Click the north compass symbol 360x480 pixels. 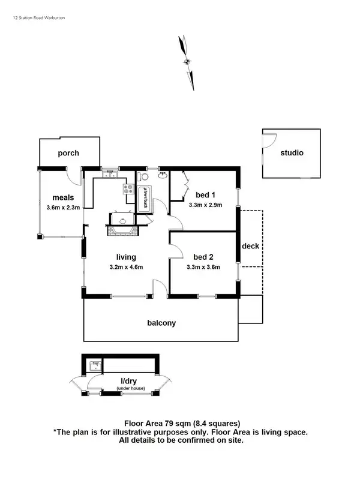point(188,61)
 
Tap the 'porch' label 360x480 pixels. point(68,153)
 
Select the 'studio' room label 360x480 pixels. point(292,153)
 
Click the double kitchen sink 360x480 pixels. point(109,175)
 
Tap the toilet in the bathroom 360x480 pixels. point(142,178)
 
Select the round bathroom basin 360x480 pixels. point(162,175)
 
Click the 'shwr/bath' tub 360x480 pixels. point(144,199)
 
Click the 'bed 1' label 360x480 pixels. point(205,194)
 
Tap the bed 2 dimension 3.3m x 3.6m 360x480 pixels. point(205,267)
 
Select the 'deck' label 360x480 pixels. point(250,246)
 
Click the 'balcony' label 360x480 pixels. point(161,323)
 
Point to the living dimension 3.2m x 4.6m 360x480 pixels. point(126,267)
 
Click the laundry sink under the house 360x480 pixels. point(95,365)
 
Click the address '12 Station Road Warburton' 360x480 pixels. point(39,18)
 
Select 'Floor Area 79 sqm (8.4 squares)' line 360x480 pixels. point(182,422)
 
